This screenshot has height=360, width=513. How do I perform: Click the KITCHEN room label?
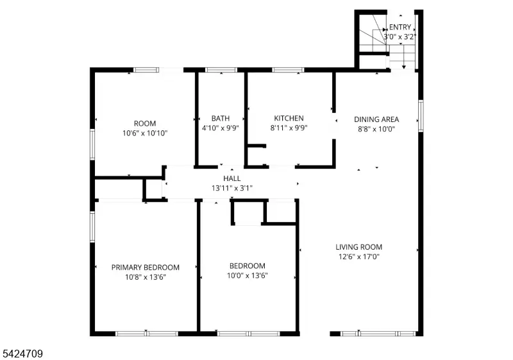(x=289, y=118)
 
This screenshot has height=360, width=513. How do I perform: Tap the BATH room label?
(x=221, y=118)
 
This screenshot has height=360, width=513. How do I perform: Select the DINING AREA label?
(x=376, y=119)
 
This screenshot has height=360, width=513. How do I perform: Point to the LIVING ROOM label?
(x=359, y=247)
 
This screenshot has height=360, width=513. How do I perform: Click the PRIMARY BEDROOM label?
(x=146, y=268)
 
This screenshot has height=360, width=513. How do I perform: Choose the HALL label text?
(x=232, y=178)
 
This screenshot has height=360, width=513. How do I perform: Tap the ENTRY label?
(x=399, y=27)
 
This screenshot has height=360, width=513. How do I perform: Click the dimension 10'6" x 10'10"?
(x=146, y=133)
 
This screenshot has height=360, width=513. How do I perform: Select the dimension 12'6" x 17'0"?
(x=359, y=257)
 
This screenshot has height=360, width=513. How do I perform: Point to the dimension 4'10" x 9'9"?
(x=221, y=128)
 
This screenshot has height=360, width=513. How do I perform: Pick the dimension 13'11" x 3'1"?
(x=232, y=188)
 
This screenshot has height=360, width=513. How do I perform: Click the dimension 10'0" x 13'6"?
(x=248, y=275)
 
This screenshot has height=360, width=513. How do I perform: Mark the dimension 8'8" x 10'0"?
(x=376, y=129)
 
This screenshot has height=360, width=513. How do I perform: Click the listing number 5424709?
(x=22, y=354)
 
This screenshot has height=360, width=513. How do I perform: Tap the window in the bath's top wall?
(x=221, y=70)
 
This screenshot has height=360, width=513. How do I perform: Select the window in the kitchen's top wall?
(x=288, y=70)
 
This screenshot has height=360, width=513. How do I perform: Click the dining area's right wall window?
(x=421, y=116)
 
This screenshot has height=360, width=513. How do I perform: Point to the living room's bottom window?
(x=378, y=334)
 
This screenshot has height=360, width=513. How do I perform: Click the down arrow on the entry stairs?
(x=404, y=57)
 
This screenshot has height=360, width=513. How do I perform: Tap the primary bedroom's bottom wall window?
(x=147, y=334)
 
